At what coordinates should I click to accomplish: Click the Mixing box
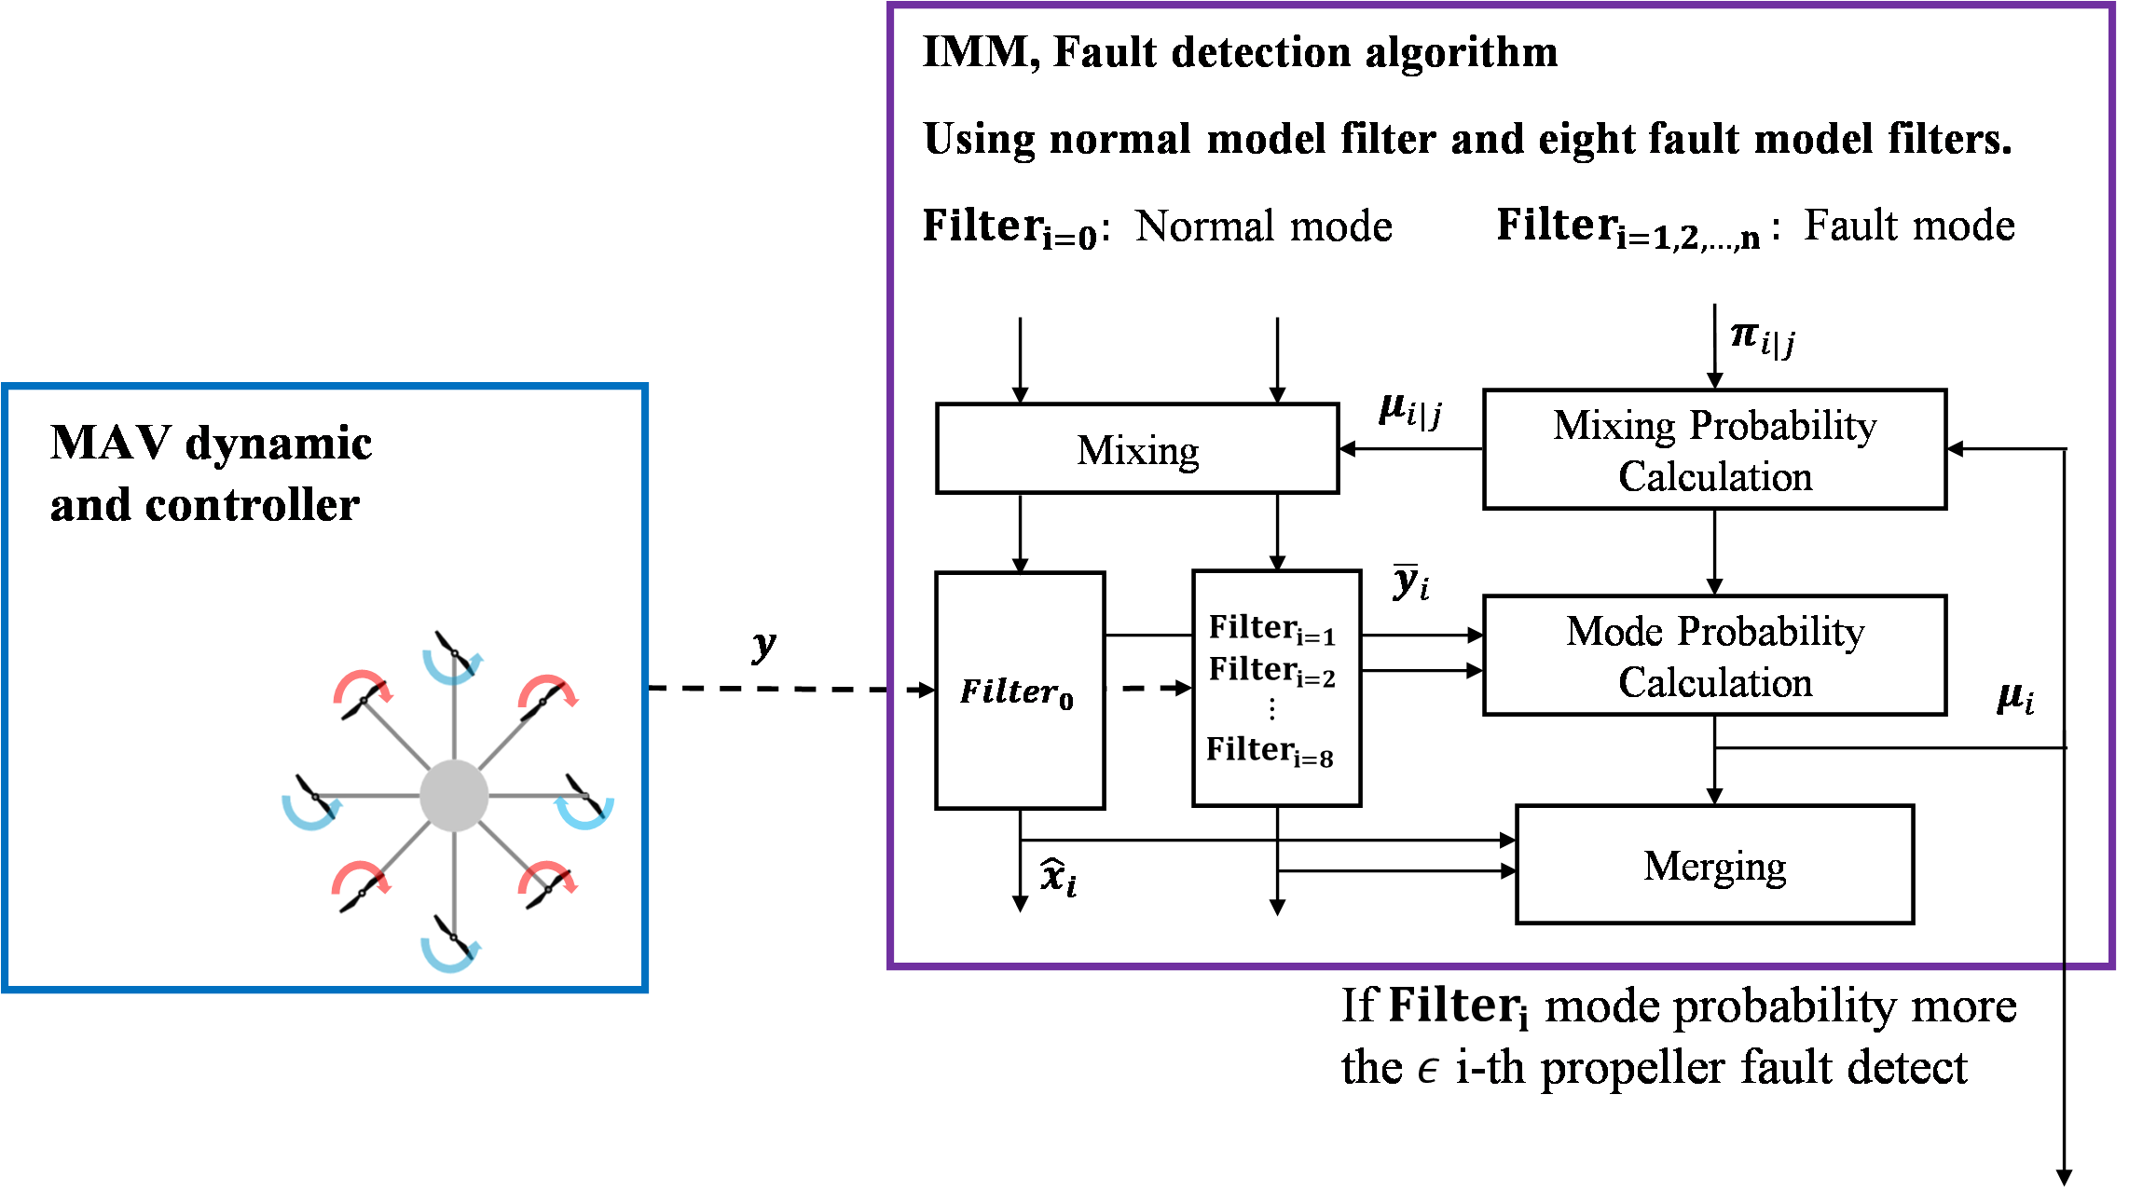(1137, 448)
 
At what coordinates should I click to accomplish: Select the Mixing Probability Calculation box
(1714, 449)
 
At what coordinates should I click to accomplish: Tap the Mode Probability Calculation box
(1714, 655)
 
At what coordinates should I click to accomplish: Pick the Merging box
(1714, 865)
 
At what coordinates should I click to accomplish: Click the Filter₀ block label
(1017, 692)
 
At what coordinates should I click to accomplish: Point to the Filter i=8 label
(1270, 750)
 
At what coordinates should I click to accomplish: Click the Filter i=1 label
(1272, 629)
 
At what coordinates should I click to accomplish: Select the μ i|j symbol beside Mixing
(1409, 411)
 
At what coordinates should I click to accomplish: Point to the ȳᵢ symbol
(1410, 582)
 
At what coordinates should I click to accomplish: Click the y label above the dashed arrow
(763, 645)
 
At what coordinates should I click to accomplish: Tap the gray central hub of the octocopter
(454, 795)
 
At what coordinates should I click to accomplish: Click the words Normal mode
(1264, 226)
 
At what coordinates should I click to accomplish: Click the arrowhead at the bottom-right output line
(2065, 1178)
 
